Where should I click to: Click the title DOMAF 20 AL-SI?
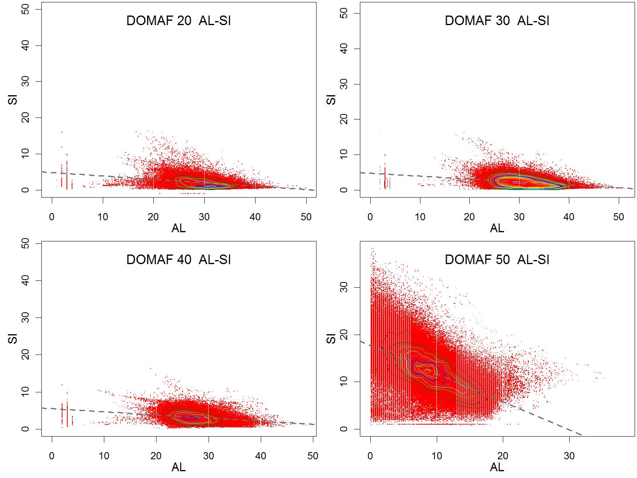pos(178,21)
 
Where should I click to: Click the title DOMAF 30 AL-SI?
pos(497,21)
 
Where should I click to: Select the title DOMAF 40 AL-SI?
pos(178,260)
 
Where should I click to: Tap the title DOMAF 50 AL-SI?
pos(497,260)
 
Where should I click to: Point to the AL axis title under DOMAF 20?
pos(178,228)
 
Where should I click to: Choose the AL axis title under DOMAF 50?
pos(497,467)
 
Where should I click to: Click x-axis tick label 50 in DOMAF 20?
pos(306,217)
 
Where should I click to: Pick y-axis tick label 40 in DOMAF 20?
pos(26,46)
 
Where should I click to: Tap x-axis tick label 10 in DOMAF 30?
pos(420,217)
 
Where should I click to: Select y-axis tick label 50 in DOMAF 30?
pos(345,13)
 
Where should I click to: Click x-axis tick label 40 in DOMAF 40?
pos(261,456)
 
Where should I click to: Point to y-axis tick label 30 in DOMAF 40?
pos(26,317)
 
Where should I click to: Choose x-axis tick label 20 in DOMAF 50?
pos(503,456)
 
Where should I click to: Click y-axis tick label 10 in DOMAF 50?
pos(345,382)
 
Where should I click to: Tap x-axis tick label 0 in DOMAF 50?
pos(371,456)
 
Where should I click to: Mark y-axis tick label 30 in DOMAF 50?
pos(345,287)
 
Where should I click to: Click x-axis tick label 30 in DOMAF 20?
pos(204,217)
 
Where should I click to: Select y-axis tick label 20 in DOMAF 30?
pos(345,119)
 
